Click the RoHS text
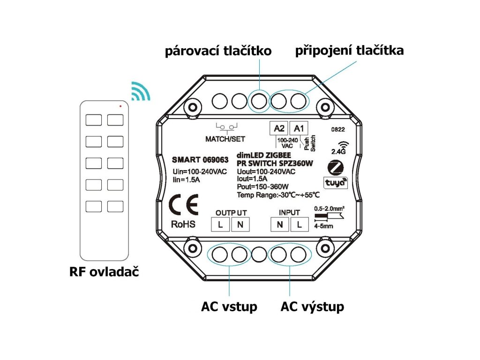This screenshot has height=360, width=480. pyautogui.click(x=183, y=225)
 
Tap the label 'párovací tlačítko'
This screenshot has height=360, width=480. pyautogui.click(x=218, y=51)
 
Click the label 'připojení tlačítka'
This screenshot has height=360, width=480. pyautogui.click(x=349, y=50)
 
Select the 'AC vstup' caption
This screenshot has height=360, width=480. pyautogui.click(x=229, y=307)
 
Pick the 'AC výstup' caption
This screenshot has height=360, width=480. pyautogui.click(x=312, y=307)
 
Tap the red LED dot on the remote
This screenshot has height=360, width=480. pyautogui.click(x=120, y=106)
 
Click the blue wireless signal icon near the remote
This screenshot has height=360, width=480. pyautogui.click(x=140, y=91)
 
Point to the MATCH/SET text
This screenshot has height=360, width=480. pyautogui.click(x=225, y=139)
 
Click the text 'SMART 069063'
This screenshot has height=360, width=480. pyautogui.click(x=197, y=160)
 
